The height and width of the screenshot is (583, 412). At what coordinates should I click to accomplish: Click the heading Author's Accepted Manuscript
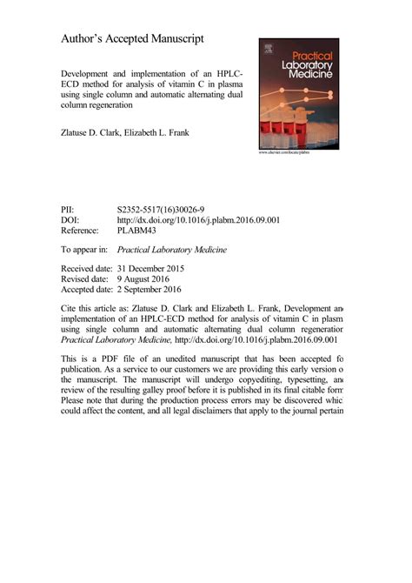coord(132,40)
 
